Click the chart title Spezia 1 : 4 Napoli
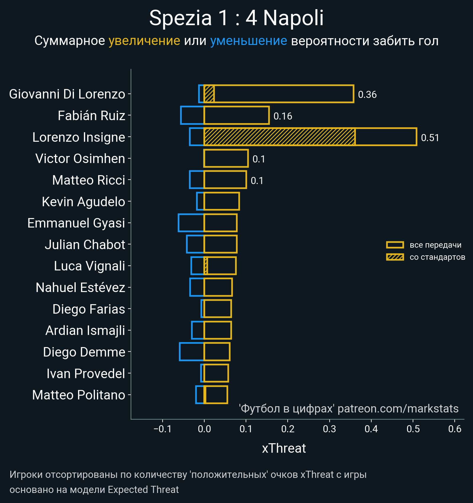click(236, 18)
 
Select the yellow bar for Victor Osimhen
click(226, 159)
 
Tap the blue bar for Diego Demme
click(192, 352)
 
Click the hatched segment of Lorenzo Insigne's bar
click(279, 137)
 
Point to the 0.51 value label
click(430, 138)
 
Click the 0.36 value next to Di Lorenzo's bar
click(367, 95)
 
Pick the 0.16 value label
click(283, 116)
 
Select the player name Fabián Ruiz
click(91, 116)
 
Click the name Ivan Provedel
click(86, 374)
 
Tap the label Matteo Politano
click(79, 395)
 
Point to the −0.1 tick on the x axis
click(162, 429)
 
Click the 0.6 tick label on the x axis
click(455, 429)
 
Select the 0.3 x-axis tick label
click(329, 429)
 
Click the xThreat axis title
click(284, 448)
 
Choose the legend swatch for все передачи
click(395, 245)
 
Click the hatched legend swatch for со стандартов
click(395, 257)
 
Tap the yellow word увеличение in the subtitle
click(144, 41)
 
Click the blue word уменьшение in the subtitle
click(248, 41)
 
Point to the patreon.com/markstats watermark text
click(398, 409)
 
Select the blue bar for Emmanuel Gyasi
click(191, 223)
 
